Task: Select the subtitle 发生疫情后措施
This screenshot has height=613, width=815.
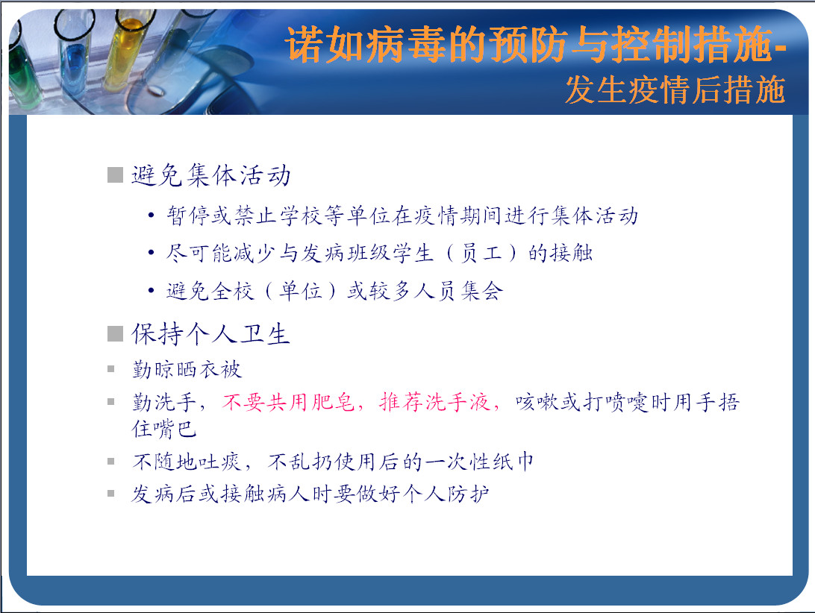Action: (x=675, y=90)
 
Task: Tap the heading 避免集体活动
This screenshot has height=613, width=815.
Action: (x=211, y=175)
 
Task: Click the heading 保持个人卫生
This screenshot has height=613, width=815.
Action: (x=210, y=333)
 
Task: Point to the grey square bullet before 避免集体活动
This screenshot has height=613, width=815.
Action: (x=115, y=175)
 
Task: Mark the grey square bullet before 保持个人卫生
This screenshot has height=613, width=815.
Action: (x=115, y=333)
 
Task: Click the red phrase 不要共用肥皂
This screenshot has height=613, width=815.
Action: (x=289, y=402)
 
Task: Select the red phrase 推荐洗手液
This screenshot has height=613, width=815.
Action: (x=434, y=402)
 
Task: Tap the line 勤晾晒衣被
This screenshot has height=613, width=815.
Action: (x=187, y=369)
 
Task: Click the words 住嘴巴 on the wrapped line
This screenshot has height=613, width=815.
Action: (x=164, y=429)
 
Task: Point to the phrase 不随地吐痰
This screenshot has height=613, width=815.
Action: (x=187, y=462)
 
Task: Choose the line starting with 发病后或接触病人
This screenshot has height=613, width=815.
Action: (x=310, y=494)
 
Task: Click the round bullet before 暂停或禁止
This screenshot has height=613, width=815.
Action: (x=151, y=215)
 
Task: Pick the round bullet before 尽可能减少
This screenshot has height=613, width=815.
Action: (x=151, y=253)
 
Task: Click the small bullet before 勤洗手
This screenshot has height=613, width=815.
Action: (x=110, y=401)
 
